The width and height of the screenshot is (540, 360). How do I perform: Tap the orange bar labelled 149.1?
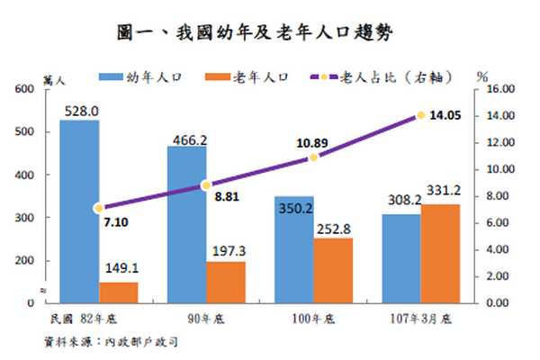(119, 292)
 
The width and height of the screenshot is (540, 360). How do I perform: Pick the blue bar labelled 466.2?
(186, 225)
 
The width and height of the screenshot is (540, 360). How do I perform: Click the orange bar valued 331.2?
(440, 254)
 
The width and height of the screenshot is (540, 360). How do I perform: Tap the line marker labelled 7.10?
(99, 208)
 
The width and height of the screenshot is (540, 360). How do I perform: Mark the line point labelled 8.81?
(206, 185)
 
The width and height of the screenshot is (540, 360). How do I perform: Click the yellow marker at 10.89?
(313, 157)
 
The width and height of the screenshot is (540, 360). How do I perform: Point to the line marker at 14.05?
(420, 115)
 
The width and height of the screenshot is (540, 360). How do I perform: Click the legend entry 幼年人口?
(144, 79)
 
